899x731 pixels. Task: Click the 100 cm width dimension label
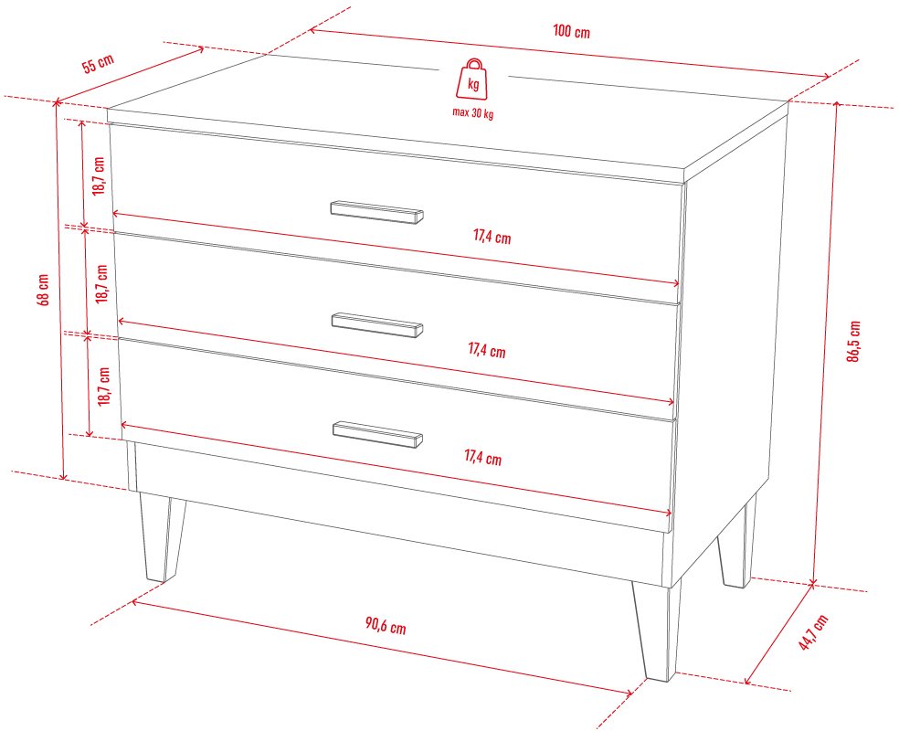tap(571, 31)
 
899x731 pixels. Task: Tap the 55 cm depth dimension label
tap(98, 63)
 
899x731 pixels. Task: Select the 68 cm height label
tap(44, 290)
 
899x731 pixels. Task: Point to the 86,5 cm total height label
tap(853, 341)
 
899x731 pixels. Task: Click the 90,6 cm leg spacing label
tap(386, 626)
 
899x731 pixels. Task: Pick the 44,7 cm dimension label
tap(813, 631)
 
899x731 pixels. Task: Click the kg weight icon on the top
tap(473, 80)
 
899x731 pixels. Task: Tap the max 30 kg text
tap(473, 113)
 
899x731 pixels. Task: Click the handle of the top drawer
tap(376, 212)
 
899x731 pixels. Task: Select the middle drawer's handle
tap(377, 324)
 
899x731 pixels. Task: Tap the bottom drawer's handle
tap(378, 435)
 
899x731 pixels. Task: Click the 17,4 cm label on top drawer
tap(492, 237)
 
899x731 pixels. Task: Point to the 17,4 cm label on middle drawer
tap(487, 349)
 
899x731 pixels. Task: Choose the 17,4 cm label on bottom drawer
tap(482, 458)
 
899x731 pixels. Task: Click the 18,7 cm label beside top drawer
tap(100, 176)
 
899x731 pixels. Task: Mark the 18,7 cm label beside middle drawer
tap(102, 284)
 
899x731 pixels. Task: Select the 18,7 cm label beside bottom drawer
tap(104, 387)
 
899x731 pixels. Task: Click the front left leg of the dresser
tap(163, 537)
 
